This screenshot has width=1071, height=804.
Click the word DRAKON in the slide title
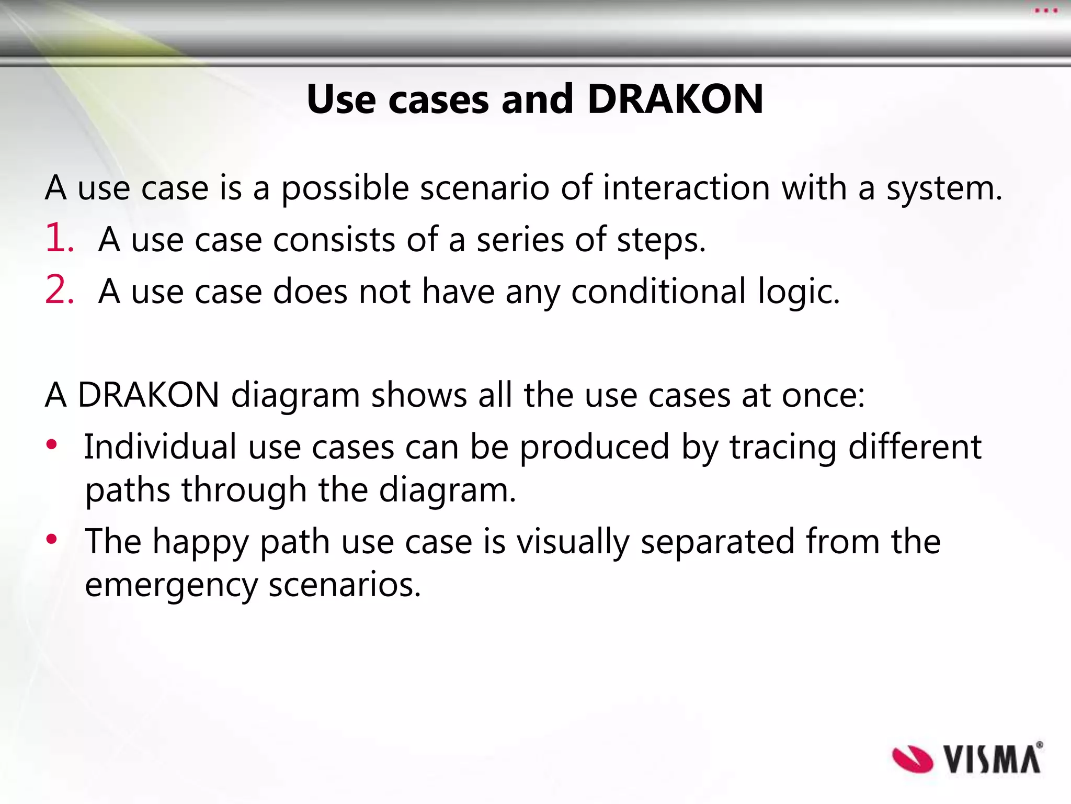pos(675,99)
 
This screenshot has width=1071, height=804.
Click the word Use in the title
pos(341,99)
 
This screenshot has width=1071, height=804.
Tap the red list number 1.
pos(59,238)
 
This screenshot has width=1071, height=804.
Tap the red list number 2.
pos(59,290)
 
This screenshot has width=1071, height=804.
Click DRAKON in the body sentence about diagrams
pos(149,395)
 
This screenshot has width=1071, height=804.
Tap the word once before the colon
pos(823,396)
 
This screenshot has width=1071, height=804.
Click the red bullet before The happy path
pos(51,539)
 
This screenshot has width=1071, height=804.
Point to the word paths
pos(128,491)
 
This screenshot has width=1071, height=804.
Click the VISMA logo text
pos(992,760)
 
